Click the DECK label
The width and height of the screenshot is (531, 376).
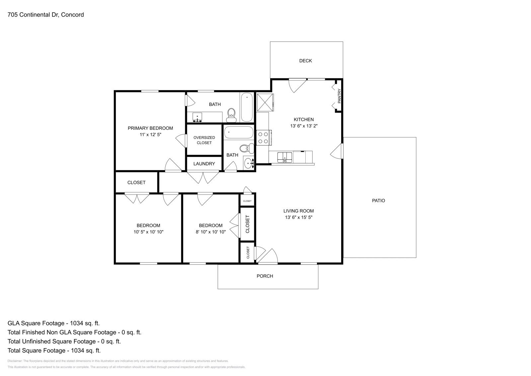tap(305, 61)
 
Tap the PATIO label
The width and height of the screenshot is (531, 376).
tap(378, 201)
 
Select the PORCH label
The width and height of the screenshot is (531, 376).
tap(265, 276)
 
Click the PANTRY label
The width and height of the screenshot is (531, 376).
tap(339, 96)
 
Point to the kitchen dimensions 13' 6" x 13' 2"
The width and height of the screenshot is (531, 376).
tap(304, 126)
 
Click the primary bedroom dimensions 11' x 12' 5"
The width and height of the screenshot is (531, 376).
tap(150, 135)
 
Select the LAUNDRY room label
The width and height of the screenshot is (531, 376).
tap(204, 164)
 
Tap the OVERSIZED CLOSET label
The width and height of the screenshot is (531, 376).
tap(204, 140)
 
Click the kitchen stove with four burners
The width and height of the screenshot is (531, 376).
tap(264, 138)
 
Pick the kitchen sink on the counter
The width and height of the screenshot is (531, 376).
tap(285, 157)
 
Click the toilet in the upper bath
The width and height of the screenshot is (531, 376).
tap(231, 115)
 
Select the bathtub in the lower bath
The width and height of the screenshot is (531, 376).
tap(239, 133)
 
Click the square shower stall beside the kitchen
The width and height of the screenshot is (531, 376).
tap(265, 102)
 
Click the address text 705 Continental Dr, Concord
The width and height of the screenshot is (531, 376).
tap(46, 15)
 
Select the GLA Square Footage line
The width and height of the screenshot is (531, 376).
tap(53, 323)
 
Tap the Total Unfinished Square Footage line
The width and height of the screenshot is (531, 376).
tap(64, 341)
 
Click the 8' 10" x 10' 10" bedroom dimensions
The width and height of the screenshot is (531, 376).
tap(210, 232)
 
